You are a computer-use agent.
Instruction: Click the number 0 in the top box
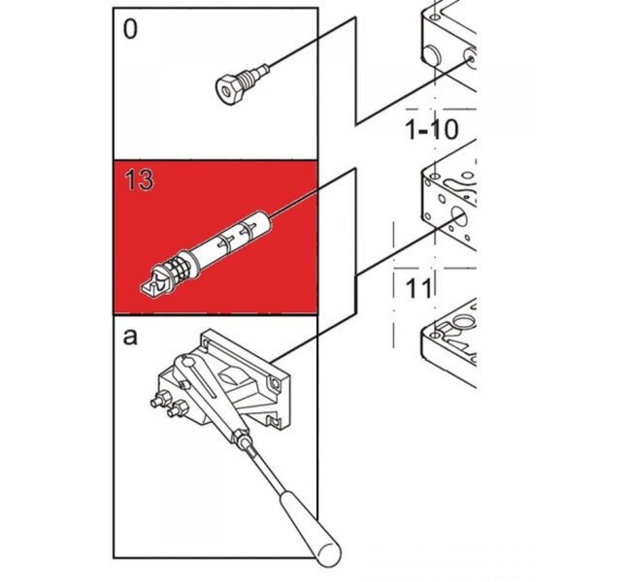click(130, 29)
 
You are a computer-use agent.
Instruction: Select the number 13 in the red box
click(139, 179)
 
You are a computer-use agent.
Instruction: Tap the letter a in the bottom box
click(130, 337)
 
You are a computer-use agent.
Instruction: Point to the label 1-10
click(432, 130)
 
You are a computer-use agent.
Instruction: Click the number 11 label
click(418, 289)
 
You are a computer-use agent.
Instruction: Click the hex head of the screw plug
click(229, 89)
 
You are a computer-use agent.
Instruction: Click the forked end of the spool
click(153, 283)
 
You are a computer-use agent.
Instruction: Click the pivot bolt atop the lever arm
click(188, 363)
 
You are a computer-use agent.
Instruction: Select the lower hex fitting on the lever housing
click(178, 409)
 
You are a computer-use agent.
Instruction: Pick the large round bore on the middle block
click(459, 218)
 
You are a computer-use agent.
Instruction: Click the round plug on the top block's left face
click(432, 55)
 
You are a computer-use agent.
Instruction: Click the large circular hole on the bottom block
click(463, 321)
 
